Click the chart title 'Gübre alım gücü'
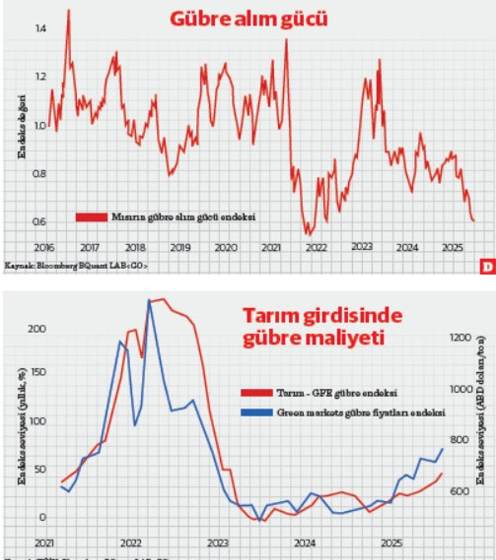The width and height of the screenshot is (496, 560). [x=248, y=20]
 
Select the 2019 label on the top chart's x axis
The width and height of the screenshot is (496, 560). [x=180, y=248]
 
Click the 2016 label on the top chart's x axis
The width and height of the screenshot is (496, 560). [x=43, y=248]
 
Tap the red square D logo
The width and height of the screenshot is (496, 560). [x=487, y=266]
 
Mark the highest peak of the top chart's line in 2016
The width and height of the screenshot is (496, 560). [x=68, y=10]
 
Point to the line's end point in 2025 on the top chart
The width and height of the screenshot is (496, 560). [x=474, y=221]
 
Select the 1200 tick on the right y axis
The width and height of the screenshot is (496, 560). [x=458, y=338]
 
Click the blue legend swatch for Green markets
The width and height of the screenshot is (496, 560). [x=256, y=412]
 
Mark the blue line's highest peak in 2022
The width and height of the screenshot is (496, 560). [x=149, y=300]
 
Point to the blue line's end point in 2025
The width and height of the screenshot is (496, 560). [x=443, y=448]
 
